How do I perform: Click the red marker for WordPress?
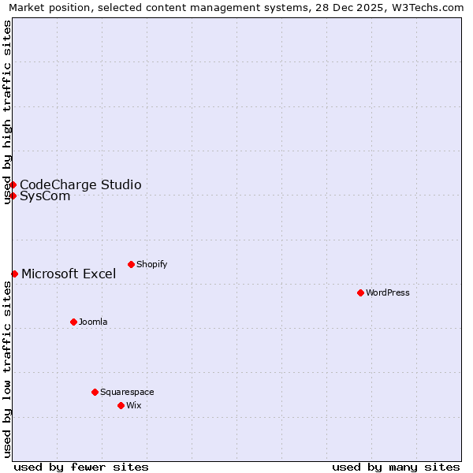point(360,292)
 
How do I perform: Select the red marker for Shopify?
point(131,264)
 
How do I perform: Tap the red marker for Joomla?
point(73,322)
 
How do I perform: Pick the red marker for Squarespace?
point(95,392)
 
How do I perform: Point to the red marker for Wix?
point(121,405)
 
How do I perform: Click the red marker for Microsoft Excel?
point(14,274)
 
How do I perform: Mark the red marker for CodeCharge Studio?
point(13,184)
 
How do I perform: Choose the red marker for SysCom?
point(13,196)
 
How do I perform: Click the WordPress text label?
point(388,292)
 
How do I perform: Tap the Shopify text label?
point(152,264)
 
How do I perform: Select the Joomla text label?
point(93,322)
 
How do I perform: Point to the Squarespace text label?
point(127,392)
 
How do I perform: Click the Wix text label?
point(133,405)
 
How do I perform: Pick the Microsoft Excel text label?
point(69,274)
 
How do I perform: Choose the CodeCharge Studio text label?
point(80,184)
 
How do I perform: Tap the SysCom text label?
point(45,196)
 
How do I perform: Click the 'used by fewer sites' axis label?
point(81,467)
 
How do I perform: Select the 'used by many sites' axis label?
point(396,467)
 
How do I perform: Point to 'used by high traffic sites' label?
point(7,112)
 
